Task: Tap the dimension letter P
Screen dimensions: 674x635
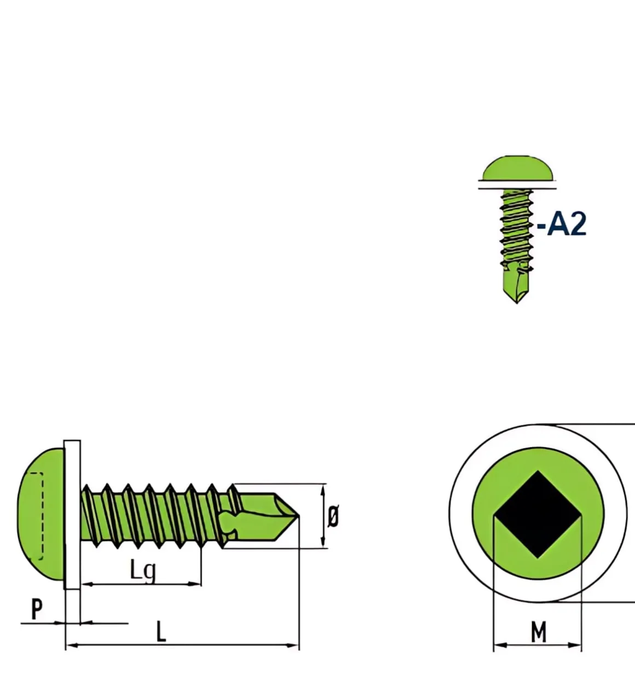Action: tap(37, 608)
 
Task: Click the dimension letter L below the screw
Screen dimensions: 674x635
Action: tap(160, 632)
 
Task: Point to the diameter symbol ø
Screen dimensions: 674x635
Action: tap(333, 516)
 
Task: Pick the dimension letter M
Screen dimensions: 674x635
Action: tap(539, 632)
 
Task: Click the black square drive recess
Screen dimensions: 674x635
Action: tap(538, 515)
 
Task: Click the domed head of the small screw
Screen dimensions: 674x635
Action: tap(517, 169)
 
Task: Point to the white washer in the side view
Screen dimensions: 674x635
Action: tap(72, 515)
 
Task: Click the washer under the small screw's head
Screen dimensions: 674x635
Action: tap(517, 185)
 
